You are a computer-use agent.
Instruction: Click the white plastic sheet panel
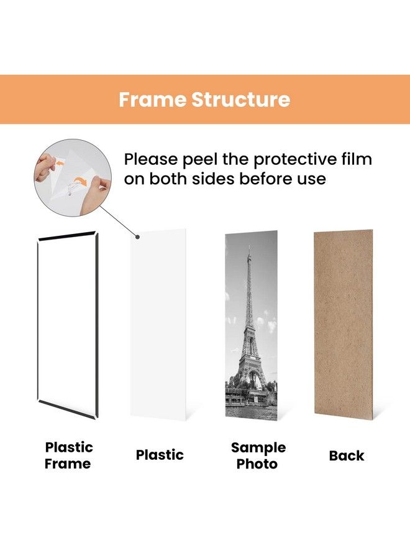pos(159,324)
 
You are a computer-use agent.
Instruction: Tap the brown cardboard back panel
pos(343,324)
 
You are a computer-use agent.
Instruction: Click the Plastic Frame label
pos(68,455)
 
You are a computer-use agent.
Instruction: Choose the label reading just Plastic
pos(160,455)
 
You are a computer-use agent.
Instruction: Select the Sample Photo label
pos(258,455)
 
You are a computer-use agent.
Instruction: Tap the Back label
pos(346,455)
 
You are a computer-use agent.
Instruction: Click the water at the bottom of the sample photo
pos(250,411)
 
